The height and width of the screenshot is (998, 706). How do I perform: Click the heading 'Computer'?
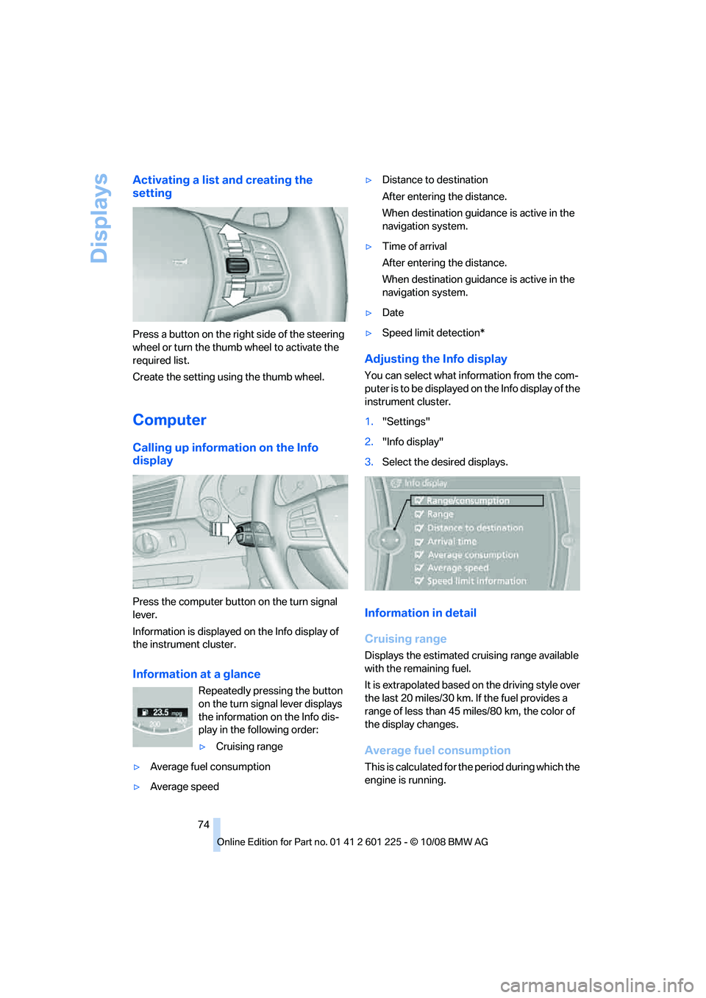169,420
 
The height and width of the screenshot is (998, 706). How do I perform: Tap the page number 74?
204,825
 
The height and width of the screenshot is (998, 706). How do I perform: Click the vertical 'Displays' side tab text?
99,218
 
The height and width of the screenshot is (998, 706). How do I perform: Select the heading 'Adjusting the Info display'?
435,359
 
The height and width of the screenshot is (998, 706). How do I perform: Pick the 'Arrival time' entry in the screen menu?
452,542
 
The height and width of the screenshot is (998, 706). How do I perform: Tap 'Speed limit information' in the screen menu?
476,581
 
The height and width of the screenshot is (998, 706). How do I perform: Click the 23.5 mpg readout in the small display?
163,712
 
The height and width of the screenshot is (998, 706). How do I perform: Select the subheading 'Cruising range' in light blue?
405,639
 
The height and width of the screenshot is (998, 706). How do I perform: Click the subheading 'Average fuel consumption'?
437,750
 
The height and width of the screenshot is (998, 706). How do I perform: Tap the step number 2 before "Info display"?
369,442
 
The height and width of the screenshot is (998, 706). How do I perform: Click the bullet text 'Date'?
393,313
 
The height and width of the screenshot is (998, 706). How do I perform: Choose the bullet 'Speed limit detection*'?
433,333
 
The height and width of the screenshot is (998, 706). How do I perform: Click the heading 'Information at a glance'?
196,674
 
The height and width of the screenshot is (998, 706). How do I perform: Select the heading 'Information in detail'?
420,613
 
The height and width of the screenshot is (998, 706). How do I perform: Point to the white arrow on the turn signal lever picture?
223,529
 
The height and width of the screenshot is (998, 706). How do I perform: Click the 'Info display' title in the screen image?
425,484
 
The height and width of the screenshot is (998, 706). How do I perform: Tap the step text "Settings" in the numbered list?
406,422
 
